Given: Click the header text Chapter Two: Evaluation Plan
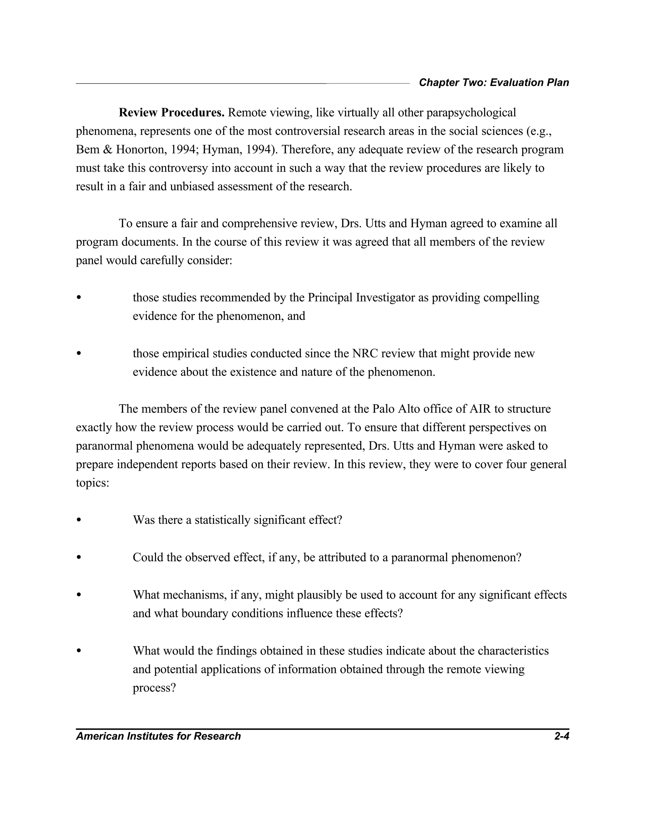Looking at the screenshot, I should click(x=494, y=83).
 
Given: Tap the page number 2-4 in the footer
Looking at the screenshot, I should click(x=561, y=736).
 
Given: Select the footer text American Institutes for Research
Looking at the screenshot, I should click(x=158, y=736).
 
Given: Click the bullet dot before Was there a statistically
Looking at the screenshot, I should click(x=79, y=520).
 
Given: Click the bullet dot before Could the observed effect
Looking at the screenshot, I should click(x=79, y=557).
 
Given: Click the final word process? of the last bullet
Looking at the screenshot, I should click(x=154, y=688).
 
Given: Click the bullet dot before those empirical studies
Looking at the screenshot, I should click(x=79, y=353).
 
